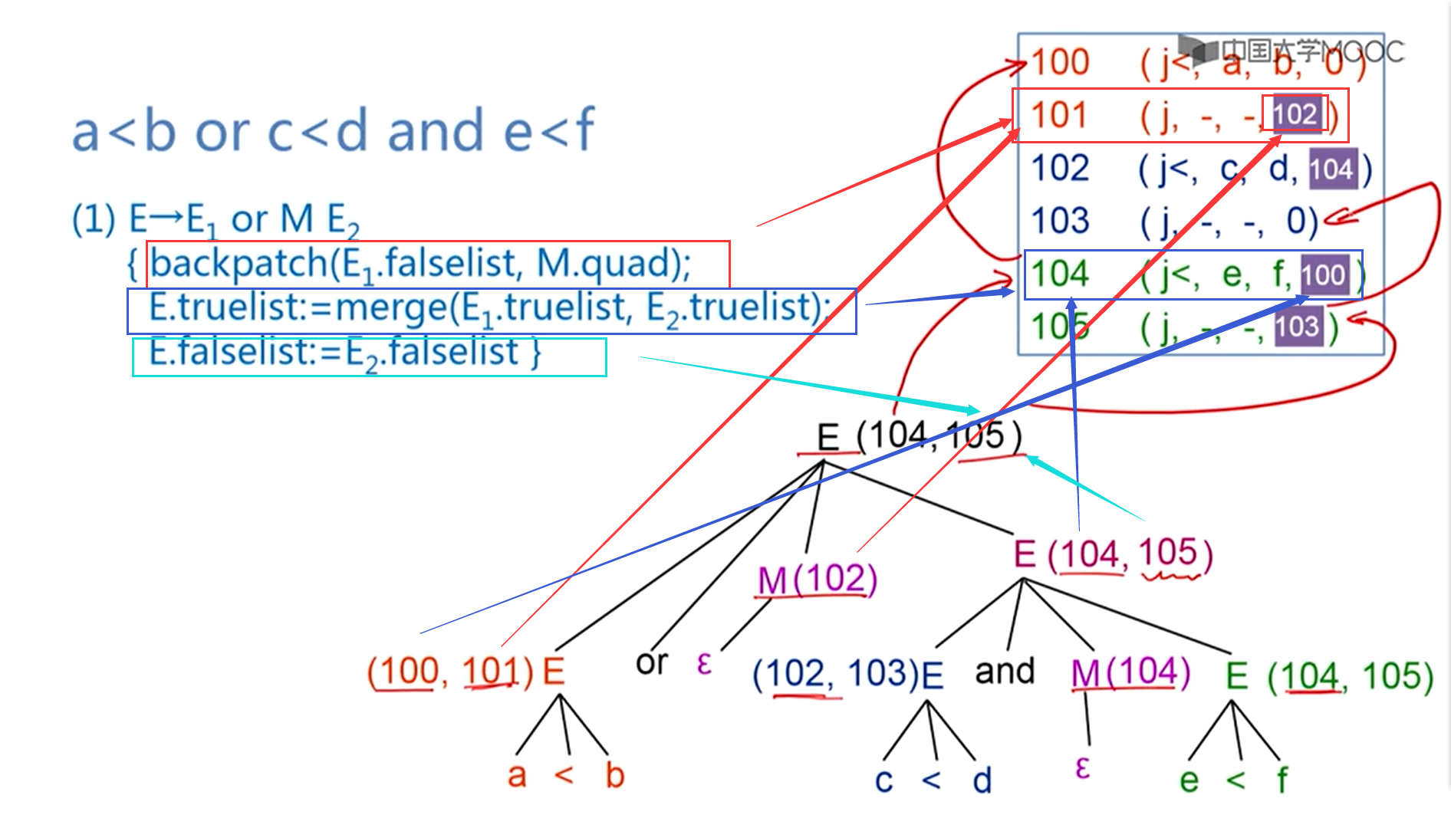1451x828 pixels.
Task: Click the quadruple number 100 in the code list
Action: tap(1060, 62)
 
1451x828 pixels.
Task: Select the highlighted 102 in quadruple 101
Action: tap(1295, 114)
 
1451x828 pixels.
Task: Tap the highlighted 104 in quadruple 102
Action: tap(1331, 169)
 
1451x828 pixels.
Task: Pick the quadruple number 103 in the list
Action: tap(1060, 221)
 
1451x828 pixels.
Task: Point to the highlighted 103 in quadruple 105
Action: tap(1298, 327)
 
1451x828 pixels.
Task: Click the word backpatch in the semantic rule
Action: tap(239, 264)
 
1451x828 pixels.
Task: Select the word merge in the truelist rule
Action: tap(391, 308)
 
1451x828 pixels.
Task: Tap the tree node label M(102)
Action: tap(817, 579)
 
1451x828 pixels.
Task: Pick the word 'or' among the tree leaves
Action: tap(652, 662)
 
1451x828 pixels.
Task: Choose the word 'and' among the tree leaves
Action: tap(1004, 671)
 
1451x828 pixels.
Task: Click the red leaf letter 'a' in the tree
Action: tap(518, 775)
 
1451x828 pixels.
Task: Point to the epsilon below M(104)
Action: tap(1083, 767)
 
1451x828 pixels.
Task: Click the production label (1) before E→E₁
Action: tap(94, 219)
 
